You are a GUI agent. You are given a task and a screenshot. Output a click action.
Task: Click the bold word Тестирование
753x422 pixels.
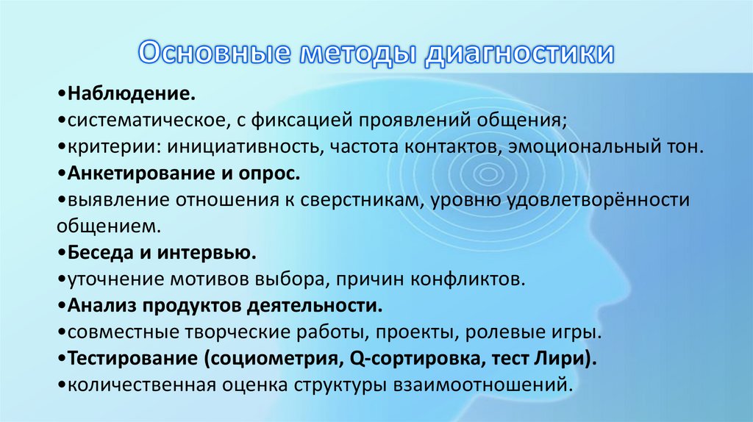132,358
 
